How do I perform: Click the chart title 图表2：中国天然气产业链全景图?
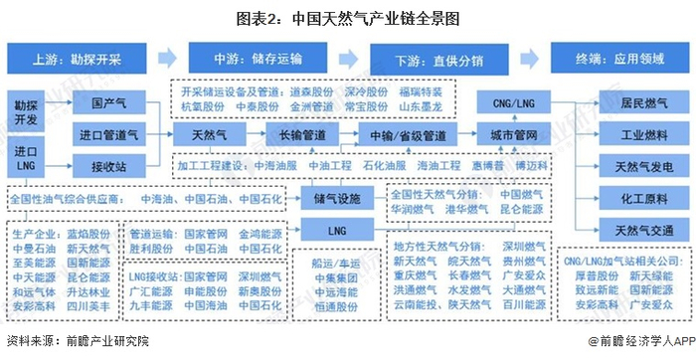(347, 18)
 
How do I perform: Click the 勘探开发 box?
(27, 110)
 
